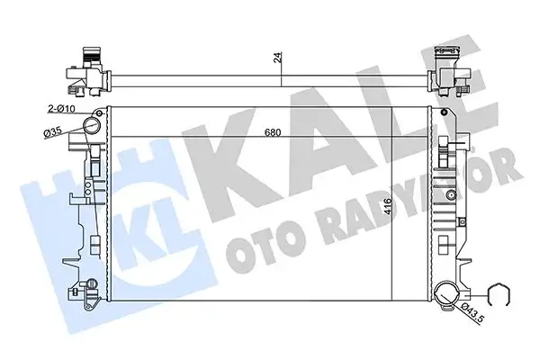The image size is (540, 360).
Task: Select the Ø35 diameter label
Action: point(55,133)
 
